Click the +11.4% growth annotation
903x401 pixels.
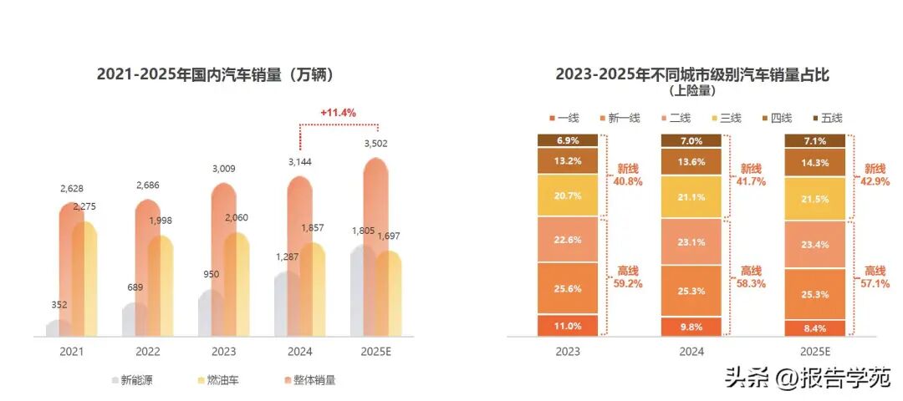tap(338, 112)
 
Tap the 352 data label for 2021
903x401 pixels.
tap(58, 305)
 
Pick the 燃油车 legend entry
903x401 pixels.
tap(217, 380)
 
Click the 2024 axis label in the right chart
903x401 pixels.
tap(691, 352)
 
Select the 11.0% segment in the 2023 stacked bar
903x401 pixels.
tap(568, 326)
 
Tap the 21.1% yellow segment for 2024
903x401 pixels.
tap(691, 197)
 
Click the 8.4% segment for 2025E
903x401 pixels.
tap(814, 328)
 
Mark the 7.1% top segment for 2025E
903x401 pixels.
tap(814, 140)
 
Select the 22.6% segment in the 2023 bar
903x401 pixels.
tap(568, 239)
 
